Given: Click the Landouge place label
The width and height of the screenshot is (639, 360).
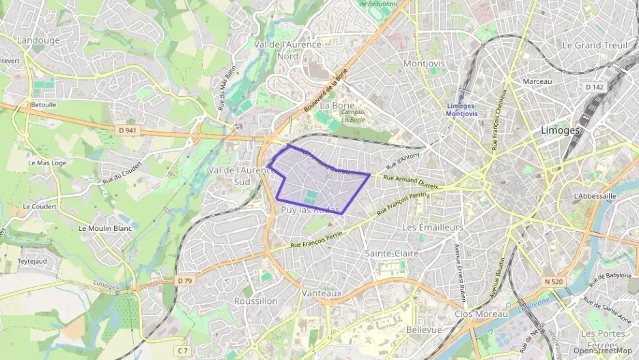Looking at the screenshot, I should pyautogui.click(x=38, y=40).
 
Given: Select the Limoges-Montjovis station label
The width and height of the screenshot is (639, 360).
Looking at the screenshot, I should pyautogui.click(x=461, y=110).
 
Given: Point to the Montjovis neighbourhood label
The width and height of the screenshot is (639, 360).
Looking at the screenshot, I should pyautogui.click(x=424, y=64).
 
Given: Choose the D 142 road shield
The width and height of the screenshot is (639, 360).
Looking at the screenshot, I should pyautogui.click(x=595, y=87).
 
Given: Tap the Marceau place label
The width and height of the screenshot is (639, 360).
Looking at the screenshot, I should pyautogui.click(x=537, y=81).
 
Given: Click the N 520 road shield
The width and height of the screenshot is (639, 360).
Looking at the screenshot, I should pyautogui.click(x=554, y=281).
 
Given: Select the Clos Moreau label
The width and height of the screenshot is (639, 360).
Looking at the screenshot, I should pyautogui.click(x=481, y=314).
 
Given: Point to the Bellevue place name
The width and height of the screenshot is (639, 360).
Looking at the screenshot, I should pyautogui.click(x=424, y=329).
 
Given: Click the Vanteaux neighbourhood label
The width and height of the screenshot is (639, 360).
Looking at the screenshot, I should pyautogui.click(x=321, y=292).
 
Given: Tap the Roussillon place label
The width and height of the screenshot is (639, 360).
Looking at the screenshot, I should pyautogui.click(x=255, y=301).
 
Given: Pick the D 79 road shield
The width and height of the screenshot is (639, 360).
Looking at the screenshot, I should pyautogui.click(x=184, y=281).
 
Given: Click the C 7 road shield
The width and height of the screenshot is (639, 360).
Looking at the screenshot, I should pyautogui.click(x=182, y=350).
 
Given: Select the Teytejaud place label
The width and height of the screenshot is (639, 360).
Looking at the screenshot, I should pyautogui.click(x=31, y=261).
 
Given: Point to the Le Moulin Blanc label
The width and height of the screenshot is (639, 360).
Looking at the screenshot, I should pyautogui.click(x=105, y=228).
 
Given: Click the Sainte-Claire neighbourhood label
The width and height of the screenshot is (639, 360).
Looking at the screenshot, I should pyautogui.click(x=392, y=253).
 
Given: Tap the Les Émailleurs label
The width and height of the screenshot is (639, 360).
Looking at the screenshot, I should pyautogui.click(x=433, y=227).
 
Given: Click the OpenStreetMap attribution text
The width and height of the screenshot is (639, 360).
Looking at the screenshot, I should pyautogui.click(x=603, y=350).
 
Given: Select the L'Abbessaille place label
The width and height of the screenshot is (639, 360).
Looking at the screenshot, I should pyautogui.click(x=595, y=195).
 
